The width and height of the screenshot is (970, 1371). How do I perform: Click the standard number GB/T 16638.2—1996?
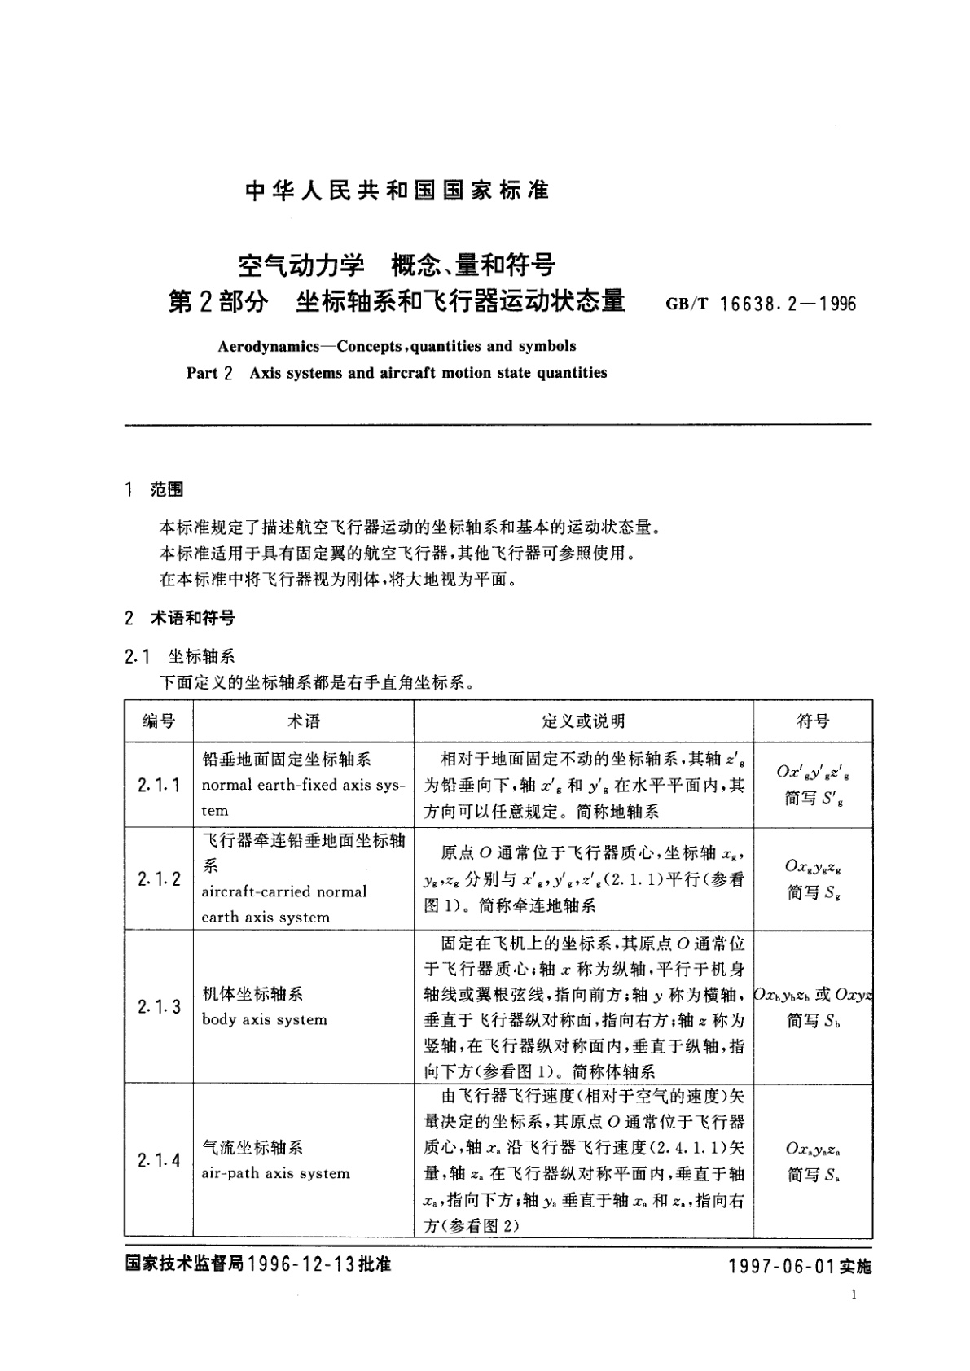[761, 304]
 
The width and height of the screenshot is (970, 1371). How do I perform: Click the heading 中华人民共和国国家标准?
[397, 191]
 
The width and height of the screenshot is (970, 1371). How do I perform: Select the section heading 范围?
[167, 489]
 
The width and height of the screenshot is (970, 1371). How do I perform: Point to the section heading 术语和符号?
[193, 619]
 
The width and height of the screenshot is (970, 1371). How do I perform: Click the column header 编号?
[159, 721]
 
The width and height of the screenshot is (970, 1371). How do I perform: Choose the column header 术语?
[303, 721]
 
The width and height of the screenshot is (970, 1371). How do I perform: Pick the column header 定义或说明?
[583, 721]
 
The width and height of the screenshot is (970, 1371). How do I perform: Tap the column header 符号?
[812, 721]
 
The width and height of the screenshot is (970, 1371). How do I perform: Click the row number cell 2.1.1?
[159, 786]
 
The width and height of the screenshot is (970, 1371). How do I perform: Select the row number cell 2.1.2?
[159, 878]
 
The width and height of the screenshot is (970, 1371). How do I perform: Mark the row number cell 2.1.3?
[159, 1007]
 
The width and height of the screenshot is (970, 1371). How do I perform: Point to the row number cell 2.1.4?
[159, 1160]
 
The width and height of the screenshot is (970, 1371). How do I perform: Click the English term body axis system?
[265, 1020]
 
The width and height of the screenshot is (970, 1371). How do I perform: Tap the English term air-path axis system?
[276, 1173]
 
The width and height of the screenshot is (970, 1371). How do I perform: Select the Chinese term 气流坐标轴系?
[252, 1148]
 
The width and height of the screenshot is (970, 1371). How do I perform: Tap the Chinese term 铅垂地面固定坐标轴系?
[287, 760]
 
